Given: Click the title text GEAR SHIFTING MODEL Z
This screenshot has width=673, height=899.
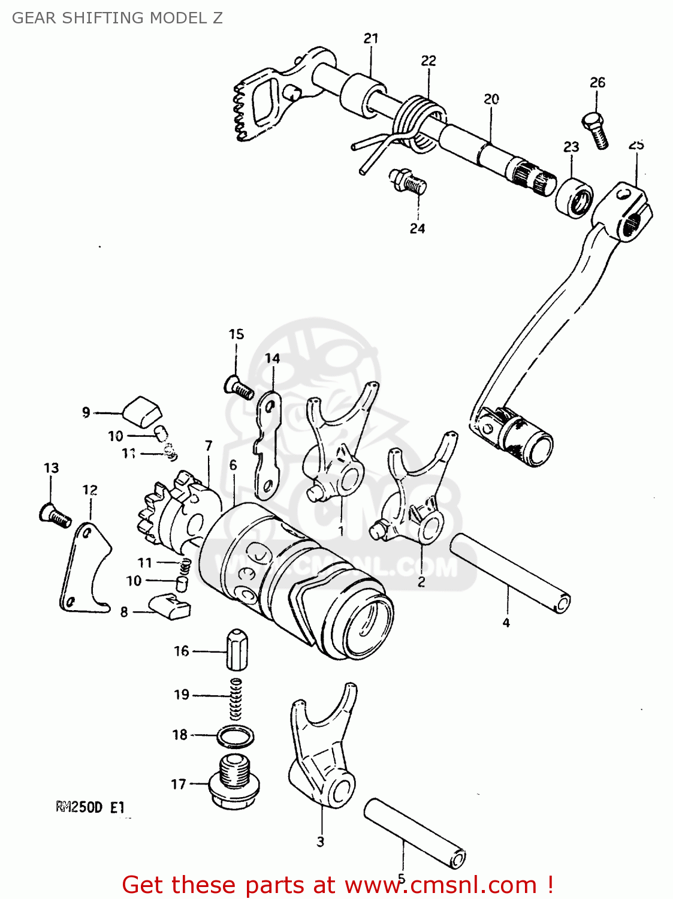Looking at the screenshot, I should (117, 18).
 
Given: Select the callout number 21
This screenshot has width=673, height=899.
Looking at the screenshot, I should (371, 38).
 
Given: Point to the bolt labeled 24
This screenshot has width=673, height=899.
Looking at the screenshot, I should (408, 181).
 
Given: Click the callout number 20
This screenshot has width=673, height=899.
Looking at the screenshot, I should (491, 99).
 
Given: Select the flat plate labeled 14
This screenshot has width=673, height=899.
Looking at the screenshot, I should (266, 447).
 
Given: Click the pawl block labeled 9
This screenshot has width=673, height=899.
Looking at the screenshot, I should (143, 411).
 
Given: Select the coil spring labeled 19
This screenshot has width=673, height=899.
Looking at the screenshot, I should (237, 698).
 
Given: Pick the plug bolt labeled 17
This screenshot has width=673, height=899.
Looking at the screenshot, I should (234, 783).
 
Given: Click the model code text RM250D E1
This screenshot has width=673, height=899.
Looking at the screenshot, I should (90, 807).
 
